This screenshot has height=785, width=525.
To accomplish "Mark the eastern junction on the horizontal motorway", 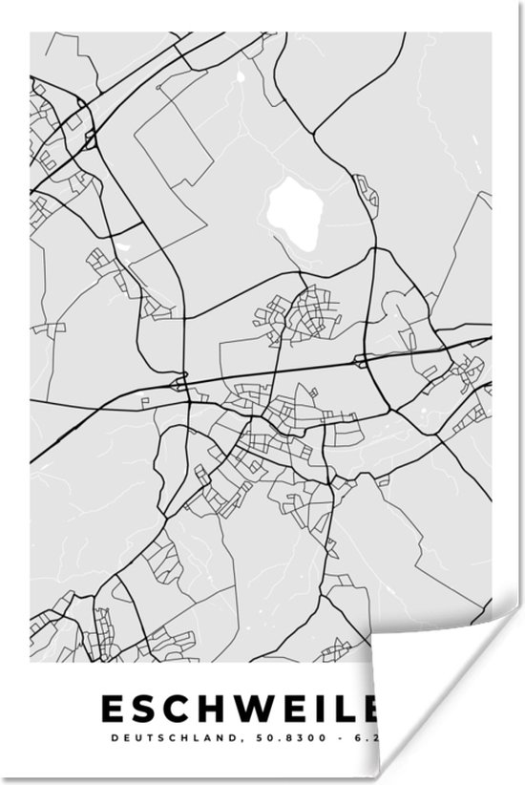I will pos(362,361).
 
